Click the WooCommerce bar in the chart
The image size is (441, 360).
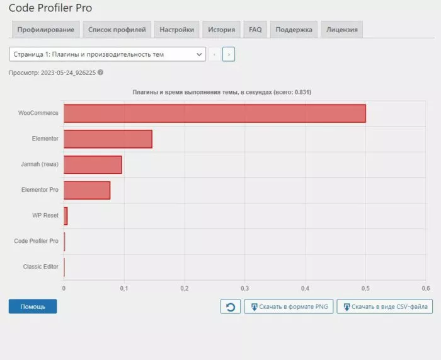click(x=214, y=113)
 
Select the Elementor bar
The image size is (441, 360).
click(x=108, y=139)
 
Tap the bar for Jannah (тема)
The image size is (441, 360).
click(x=93, y=165)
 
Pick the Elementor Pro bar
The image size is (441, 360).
click(x=87, y=190)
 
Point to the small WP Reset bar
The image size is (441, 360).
click(x=66, y=216)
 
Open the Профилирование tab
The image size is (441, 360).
click(x=46, y=30)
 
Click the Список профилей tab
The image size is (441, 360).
click(x=117, y=30)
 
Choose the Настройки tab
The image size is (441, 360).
click(x=176, y=30)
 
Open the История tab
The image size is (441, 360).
click(x=222, y=30)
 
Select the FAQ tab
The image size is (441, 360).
click(x=255, y=30)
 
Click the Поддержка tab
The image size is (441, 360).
click(x=294, y=30)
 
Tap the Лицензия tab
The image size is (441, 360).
click(x=341, y=30)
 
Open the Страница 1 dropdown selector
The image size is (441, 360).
click(x=107, y=55)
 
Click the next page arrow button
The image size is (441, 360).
click(x=228, y=55)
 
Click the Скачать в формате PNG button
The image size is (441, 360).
click(x=289, y=307)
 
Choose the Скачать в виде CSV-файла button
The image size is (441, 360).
click(x=384, y=307)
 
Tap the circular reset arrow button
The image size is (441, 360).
click(x=231, y=307)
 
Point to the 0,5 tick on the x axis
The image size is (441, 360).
click(x=365, y=288)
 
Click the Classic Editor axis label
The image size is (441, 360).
click(x=41, y=267)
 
